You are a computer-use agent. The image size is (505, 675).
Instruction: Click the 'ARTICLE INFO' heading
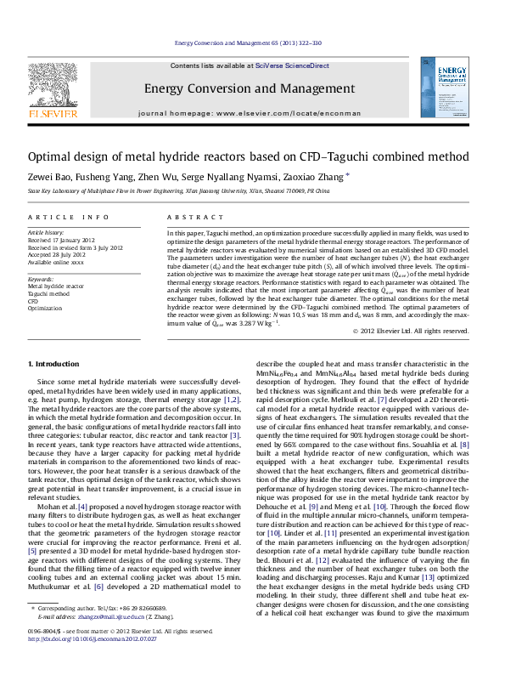[69, 218]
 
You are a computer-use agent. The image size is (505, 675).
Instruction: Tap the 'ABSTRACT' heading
[192, 218]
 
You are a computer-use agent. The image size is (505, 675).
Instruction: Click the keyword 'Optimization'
[45, 308]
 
